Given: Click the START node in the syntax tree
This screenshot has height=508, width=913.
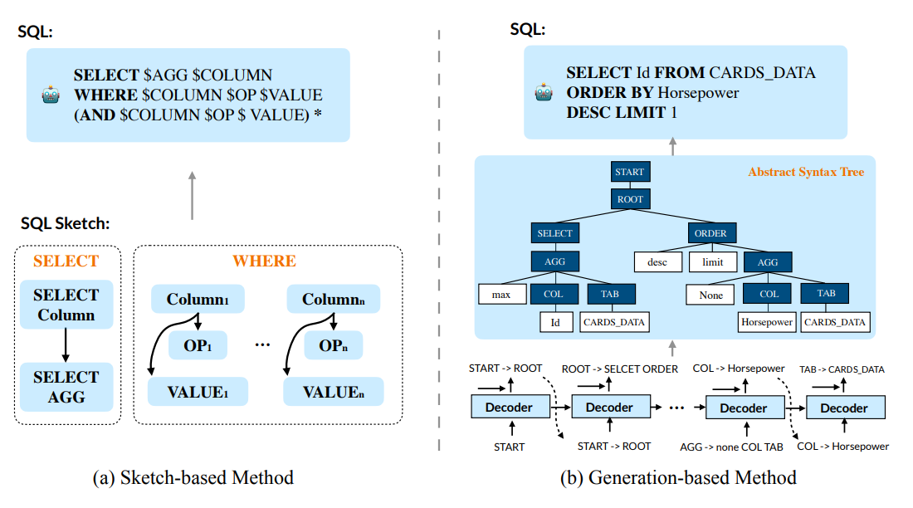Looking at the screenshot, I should tap(629, 173).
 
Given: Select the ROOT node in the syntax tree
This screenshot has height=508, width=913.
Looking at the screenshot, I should tap(629, 200).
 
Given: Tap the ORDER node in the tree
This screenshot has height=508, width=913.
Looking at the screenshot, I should tap(710, 234).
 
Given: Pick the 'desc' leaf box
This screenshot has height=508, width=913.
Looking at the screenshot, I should tap(658, 261).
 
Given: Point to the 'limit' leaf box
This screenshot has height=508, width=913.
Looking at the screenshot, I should tap(712, 261).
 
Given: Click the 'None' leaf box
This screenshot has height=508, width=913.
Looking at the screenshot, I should tap(710, 294).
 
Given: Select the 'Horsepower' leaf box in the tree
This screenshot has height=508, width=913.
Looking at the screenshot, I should tap(767, 321).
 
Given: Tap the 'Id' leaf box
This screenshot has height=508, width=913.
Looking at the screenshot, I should tap(556, 321).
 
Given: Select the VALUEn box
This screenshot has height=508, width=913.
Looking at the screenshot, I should tap(334, 391).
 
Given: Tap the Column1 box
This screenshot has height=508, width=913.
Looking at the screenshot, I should tap(198, 299).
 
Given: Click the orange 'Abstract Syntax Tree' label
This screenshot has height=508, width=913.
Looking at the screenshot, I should tap(805, 172).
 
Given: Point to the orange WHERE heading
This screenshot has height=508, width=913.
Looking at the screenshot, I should tap(264, 261).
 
